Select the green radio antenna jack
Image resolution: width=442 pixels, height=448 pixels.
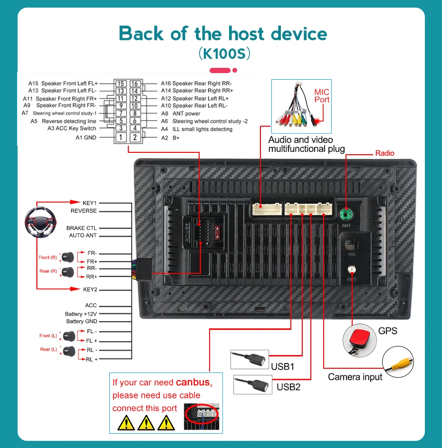pyautogui.click(x=346, y=213)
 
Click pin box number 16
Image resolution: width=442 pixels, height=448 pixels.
pyautogui.click(x=135, y=84)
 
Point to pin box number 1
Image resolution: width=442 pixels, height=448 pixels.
pyautogui.click(x=121, y=138)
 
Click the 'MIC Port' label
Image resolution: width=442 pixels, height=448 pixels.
pyautogui.click(x=322, y=95)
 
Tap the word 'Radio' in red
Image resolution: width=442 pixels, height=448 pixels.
pyautogui.click(x=384, y=153)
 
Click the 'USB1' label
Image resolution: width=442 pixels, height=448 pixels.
pyautogui.click(x=283, y=366)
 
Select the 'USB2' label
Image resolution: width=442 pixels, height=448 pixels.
pyautogui.click(x=288, y=387)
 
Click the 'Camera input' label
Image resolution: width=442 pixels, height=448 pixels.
pyautogui.click(x=355, y=377)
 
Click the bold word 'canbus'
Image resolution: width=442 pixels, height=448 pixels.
pyautogui.click(x=192, y=382)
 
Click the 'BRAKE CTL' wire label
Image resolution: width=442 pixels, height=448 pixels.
pyautogui.click(x=81, y=228)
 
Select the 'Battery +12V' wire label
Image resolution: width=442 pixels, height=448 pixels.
pyautogui.click(x=81, y=314)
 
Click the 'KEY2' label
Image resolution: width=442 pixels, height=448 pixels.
pyautogui.click(x=90, y=289)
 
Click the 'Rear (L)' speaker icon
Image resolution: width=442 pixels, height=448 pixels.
pyautogui.click(x=69, y=351)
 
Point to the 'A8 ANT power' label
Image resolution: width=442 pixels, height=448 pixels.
pyautogui.click(x=181, y=113)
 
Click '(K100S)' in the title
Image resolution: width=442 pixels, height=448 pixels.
pyautogui.click(x=223, y=54)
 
